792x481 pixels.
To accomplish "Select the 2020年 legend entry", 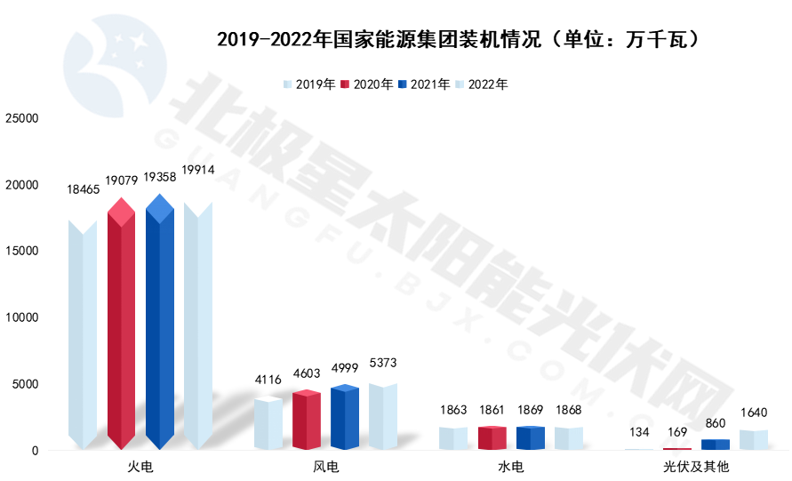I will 367,84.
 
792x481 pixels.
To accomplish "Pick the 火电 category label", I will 140,466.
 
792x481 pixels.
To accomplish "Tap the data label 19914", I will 197,169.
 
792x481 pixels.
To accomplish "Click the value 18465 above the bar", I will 84,189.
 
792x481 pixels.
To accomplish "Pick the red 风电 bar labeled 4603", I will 306,421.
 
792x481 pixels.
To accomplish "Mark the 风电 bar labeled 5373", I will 383,417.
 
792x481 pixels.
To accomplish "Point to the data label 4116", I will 268,380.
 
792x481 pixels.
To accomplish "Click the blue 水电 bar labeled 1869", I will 530,438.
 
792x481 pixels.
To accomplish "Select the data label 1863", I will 453,410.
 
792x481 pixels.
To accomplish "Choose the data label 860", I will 716,421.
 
